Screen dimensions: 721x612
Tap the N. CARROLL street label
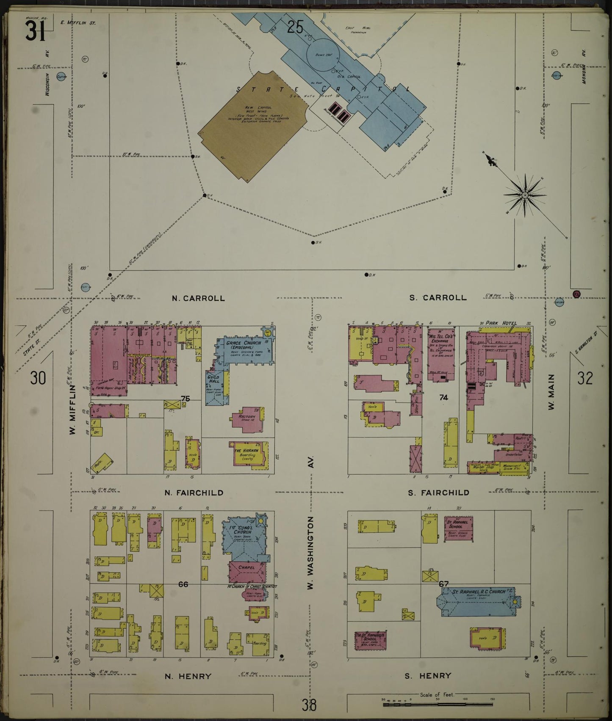(x=198, y=298)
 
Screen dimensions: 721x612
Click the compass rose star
(x=525, y=195)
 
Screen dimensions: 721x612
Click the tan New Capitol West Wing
(x=253, y=123)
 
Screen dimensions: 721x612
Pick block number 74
(x=443, y=397)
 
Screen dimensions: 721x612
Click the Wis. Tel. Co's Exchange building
(x=441, y=354)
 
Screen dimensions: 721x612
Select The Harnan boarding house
(x=249, y=454)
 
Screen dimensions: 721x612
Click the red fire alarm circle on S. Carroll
(x=576, y=294)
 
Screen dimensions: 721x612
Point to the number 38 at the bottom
(x=309, y=705)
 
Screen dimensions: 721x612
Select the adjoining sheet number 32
(x=585, y=378)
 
